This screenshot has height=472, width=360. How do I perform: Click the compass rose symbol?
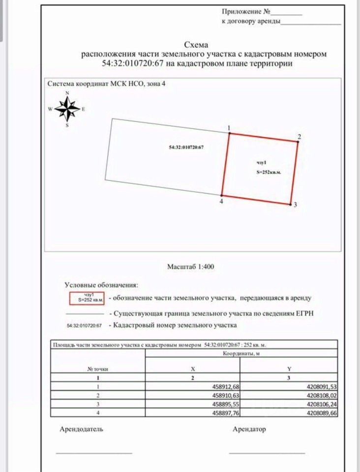tap(67, 109)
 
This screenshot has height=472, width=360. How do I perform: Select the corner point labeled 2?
tap(298, 142)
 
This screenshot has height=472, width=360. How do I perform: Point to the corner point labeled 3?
tap(290, 204)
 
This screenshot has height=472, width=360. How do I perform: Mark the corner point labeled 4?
tap(222, 195)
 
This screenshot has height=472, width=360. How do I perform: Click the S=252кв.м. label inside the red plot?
tap(268, 172)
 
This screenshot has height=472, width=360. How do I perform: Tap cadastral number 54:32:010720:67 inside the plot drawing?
tap(186, 147)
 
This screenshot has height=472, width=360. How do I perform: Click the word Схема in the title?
tap(196, 45)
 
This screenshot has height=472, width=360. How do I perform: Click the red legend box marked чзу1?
tap(87, 297)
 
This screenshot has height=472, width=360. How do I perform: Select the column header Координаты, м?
tap(241, 353)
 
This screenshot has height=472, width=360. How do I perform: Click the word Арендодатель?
tap(81, 429)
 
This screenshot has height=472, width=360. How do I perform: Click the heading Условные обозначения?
tap(101, 285)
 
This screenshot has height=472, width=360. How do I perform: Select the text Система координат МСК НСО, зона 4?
tap(106, 84)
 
